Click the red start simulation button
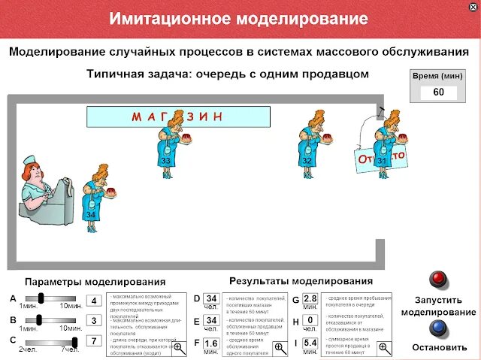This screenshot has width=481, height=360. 438,280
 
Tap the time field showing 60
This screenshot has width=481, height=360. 438,92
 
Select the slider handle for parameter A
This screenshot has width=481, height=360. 41,298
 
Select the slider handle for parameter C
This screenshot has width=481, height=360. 74,340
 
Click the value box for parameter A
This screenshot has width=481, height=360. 94,301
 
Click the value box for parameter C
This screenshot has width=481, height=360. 94,340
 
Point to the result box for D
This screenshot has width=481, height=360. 211,299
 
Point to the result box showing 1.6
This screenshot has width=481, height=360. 211,343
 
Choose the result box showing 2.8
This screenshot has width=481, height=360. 310,299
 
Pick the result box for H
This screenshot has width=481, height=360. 310,321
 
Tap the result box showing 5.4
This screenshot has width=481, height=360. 310,343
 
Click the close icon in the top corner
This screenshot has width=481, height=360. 472,6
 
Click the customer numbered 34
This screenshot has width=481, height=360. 92,197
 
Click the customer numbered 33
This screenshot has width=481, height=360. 166,146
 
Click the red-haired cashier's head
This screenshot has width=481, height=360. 32,174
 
